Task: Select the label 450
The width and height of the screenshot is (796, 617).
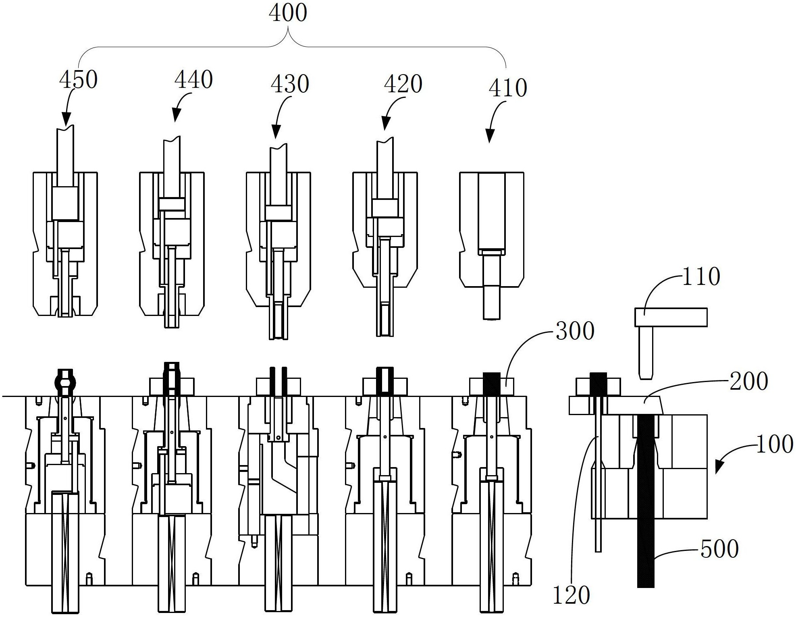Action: tap(79, 79)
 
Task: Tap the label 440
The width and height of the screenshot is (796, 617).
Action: tap(193, 79)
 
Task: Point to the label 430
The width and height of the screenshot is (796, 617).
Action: tap(290, 84)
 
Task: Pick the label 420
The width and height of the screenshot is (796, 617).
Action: tap(403, 84)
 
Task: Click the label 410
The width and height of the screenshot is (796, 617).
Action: tap(508, 88)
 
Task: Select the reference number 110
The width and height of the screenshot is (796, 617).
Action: tap(701, 276)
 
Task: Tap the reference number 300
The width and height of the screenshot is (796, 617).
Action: tap(575, 331)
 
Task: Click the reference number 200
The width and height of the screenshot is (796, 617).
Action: tap(749, 381)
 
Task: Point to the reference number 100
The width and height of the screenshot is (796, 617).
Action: tap(775, 445)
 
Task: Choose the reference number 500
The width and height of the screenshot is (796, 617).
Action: tap(720, 548)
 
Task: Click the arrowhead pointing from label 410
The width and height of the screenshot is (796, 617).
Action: tap(490, 136)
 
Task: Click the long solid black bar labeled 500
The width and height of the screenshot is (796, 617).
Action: tap(645, 501)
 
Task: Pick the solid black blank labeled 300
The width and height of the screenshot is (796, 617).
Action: tap(492, 384)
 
